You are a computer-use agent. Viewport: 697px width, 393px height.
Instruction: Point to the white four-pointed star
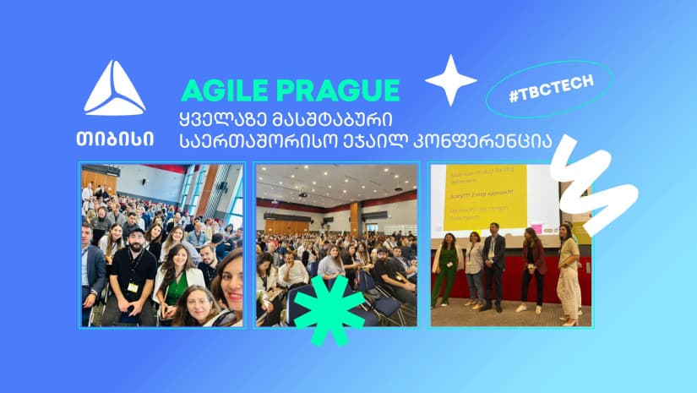pyautogui.click(x=450, y=80)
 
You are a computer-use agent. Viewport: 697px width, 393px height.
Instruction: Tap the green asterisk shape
pyautogui.click(x=329, y=311)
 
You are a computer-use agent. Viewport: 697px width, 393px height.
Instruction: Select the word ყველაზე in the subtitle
pyautogui.click(x=221, y=117)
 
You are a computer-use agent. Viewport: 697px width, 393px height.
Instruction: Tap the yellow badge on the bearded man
pyautogui.click(x=133, y=287)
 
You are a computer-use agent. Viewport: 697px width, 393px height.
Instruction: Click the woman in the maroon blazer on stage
pyautogui.click(x=532, y=269)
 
